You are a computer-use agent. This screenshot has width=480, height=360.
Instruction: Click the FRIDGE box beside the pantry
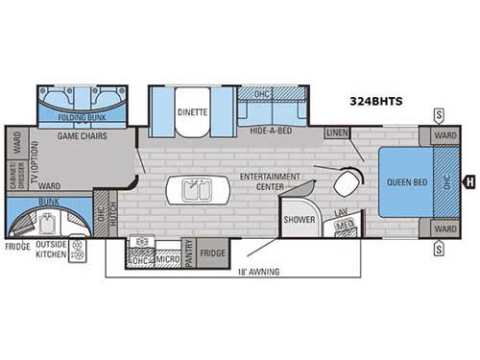pos(213,253)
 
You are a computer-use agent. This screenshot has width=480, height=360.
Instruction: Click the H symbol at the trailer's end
pos(469,180)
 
